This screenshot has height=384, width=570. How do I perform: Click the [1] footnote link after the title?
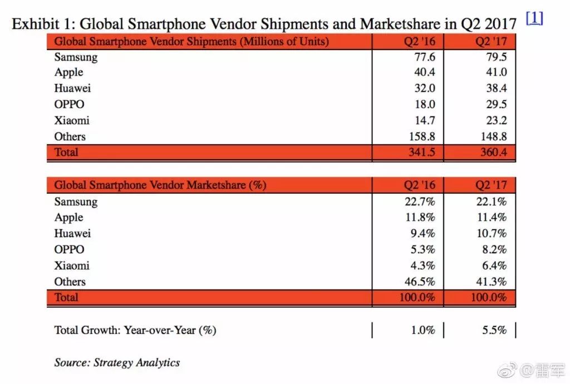tap(534, 18)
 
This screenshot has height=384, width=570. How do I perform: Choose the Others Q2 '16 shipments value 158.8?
tap(420, 136)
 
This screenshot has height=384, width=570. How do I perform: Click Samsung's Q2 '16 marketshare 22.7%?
tap(420, 201)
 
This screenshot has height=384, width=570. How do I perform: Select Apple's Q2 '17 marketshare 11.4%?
tap(492, 218)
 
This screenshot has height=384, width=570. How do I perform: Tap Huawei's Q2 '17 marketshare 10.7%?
tap(492, 234)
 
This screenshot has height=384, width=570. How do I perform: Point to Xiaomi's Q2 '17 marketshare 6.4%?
tap(494, 266)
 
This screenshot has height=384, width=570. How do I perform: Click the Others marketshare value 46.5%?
tap(420, 282)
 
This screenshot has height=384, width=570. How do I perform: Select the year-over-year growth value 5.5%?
tap(494, 330)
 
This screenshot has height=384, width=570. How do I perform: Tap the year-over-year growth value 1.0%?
tap(423, 330)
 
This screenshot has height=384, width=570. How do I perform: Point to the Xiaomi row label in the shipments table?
tap(72, 121)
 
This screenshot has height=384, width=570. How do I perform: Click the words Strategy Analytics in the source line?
tap(136, 363)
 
